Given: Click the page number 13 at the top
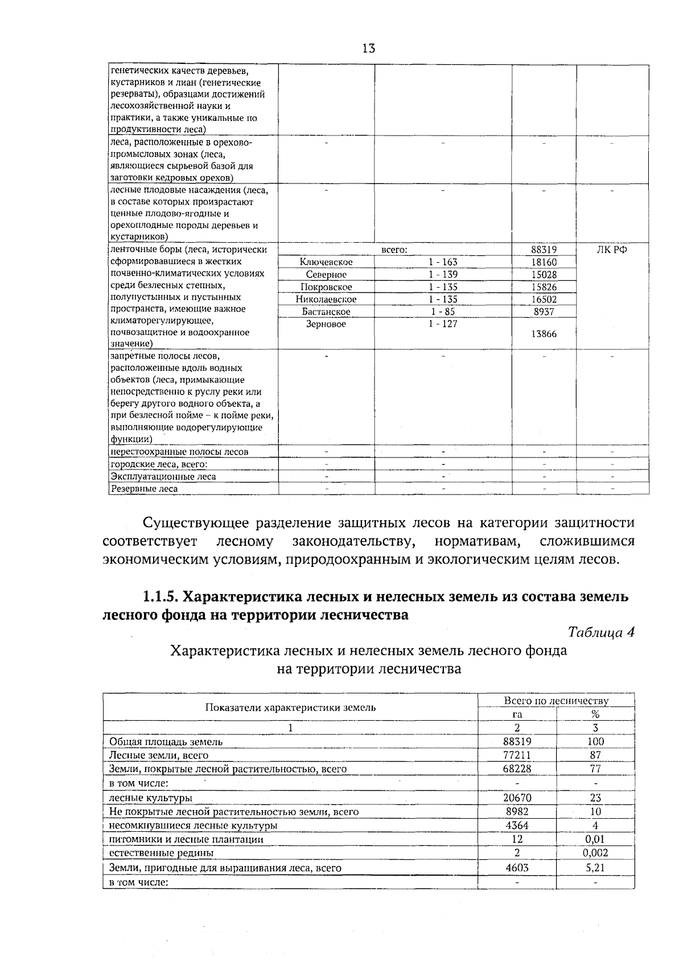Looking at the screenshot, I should pyautogui.click(x=368, y=48).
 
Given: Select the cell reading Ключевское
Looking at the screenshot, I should pyautogui.click(x=326, y=262).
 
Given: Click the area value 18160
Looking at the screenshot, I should pyautogui.click(x=544, y=262).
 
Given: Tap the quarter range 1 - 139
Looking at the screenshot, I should pyautogui.click(x=443, y=275).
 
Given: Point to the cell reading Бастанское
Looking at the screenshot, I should pyautogui.click(x=326, y=312).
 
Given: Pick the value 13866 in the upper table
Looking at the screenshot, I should pyautogui.click(x=544, y=334).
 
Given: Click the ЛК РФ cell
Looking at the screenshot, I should pyautogui.click(x=612, y=250).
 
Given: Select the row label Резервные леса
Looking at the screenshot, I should pyautogui.click(x=144, y=489).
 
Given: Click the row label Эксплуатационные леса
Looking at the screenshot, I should pyautogui.click(x=163, y=476).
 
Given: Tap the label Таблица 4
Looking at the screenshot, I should pyautogui.click(x=601, y=632).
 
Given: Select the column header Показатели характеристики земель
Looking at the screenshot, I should pyautogui.click(x=290, y=708).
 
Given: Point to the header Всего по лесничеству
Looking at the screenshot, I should pyautogui.click(x=556, y=701).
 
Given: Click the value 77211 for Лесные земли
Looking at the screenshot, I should pyautogui.click(x=517, y=755).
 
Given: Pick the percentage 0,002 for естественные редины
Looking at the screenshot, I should pyautogui.click(x=595, y=853).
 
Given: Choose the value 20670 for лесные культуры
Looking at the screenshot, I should pyautogui.click(x=517, y=798).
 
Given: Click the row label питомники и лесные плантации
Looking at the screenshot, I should pyautogui.click(x=186, y=839).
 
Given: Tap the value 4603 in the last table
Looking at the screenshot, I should pyautogui.click(x=517, y=868).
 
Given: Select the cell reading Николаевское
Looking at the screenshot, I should pyautogui.click(x=326, y=300).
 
